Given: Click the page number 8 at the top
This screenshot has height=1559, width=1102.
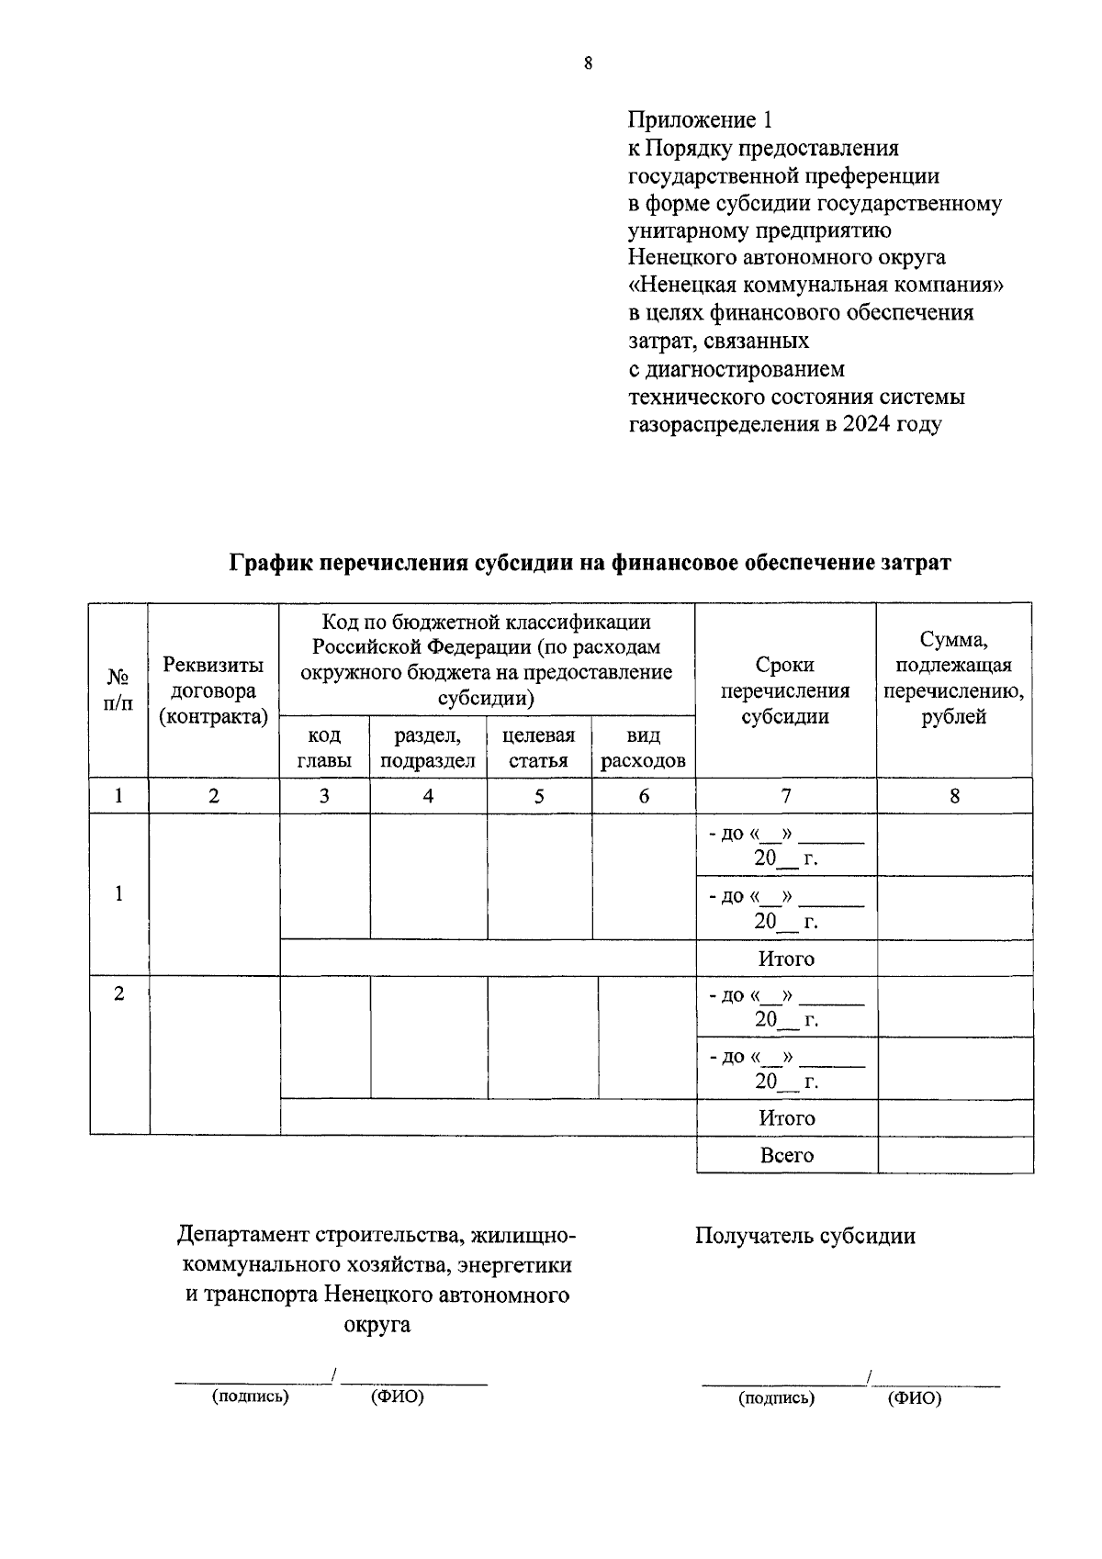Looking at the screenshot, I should coord(587,62).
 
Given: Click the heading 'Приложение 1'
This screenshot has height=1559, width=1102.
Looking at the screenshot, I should coord(701,119).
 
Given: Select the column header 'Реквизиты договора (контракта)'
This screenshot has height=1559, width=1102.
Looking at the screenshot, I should coord(213,691).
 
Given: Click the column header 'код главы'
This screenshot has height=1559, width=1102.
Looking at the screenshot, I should coord(324,747).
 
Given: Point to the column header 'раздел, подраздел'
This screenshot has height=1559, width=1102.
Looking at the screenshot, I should coord(427,747).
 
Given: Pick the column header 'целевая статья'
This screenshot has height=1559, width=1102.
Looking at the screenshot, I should coord(538,747).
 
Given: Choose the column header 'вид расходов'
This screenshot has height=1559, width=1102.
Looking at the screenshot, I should coord(643,747).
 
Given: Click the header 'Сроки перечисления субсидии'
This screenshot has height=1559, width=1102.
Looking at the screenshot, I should coord(785,690).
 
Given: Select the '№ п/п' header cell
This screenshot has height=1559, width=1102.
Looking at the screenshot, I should coord(118,690).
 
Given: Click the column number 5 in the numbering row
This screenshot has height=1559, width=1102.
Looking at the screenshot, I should coord(539,796).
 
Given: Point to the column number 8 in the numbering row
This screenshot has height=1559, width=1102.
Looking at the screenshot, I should coord(954,796).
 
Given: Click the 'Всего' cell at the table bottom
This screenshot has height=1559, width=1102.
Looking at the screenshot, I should coord(787,1155).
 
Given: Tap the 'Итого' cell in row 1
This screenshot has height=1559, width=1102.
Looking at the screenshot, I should coord(786,959).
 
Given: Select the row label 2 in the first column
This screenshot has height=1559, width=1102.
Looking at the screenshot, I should coord(119,993).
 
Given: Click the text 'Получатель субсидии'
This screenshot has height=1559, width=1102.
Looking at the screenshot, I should coord(804,1236).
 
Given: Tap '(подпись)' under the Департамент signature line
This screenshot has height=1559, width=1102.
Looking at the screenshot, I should coord(250,1396).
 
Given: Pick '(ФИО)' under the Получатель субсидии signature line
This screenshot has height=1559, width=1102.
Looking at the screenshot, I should coord(915,1398).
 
